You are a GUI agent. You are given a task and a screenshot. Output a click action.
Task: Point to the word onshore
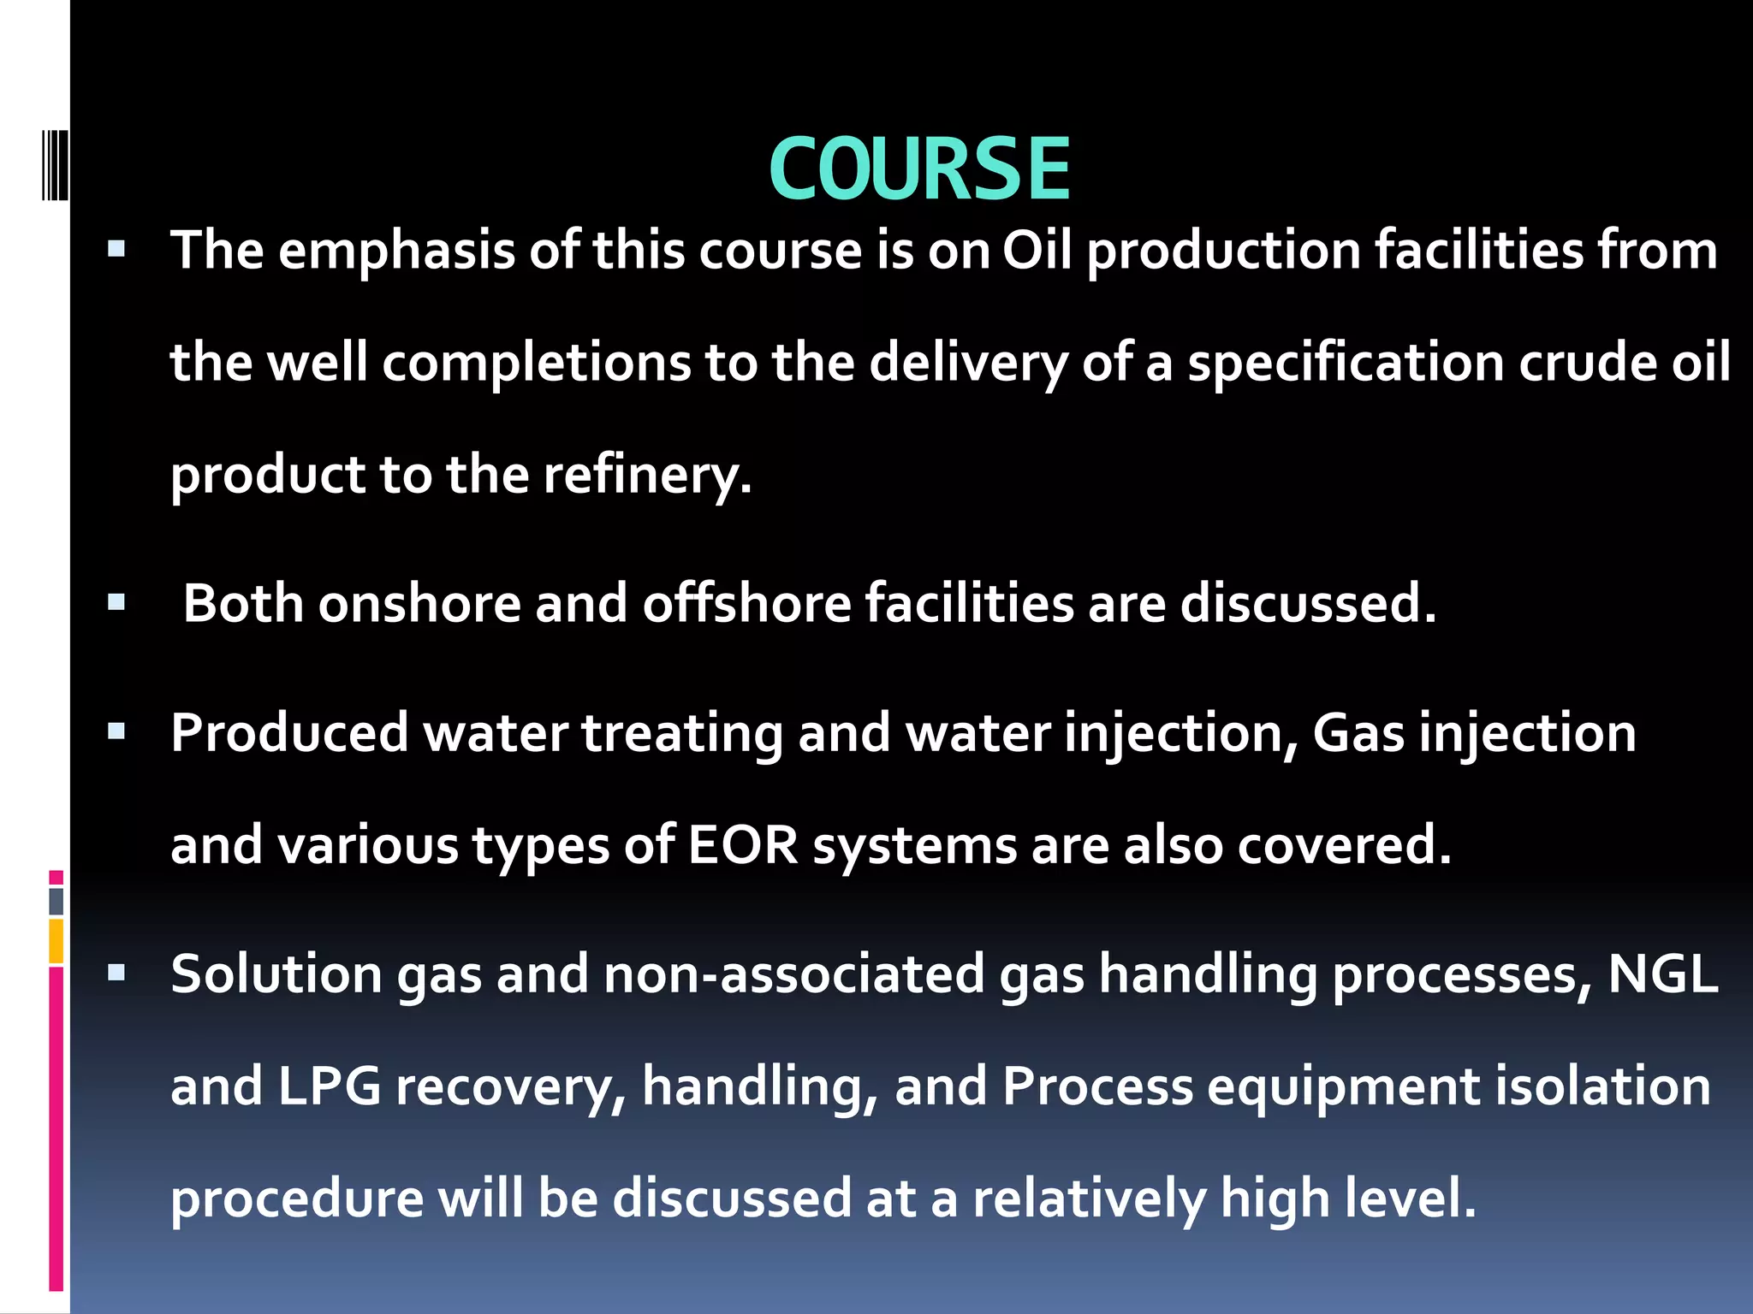(419, 604)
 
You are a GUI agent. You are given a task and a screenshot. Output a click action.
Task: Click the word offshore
(746, 604)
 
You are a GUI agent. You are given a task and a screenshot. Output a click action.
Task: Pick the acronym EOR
(742, 845)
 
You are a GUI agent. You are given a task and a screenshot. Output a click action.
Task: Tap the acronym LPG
(329, 1086)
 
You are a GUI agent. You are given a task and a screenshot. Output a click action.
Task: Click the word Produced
(289, 734)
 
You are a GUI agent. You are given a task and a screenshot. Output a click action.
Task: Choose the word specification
(1346, 363)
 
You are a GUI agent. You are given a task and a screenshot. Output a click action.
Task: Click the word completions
(537, 363)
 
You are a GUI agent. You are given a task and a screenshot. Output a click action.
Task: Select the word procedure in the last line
(296, 1199)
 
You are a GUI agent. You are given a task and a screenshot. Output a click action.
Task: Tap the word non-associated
(793, 974)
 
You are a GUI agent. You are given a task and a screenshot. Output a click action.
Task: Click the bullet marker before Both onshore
(116, 603)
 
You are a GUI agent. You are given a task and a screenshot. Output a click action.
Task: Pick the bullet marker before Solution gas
(116, 973)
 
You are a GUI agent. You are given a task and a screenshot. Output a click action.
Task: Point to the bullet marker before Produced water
(116, 731)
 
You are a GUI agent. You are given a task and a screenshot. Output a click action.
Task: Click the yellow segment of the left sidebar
(56, 941)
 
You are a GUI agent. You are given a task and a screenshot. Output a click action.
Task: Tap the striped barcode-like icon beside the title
(56, 165)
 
